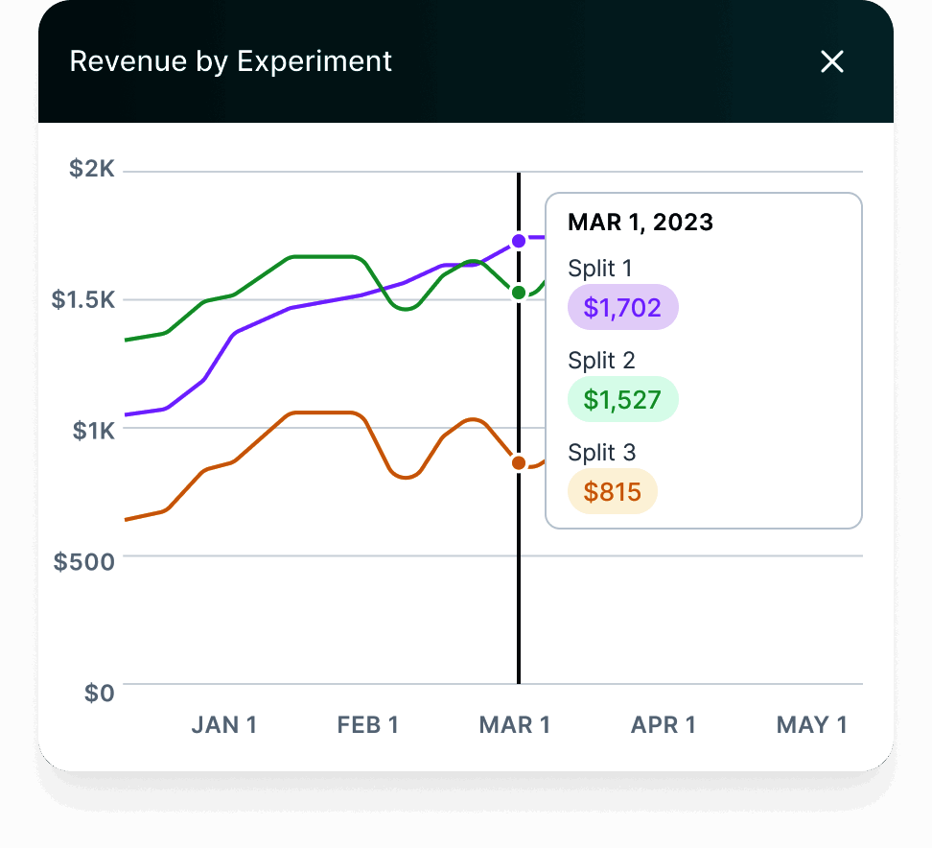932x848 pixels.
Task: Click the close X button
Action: (832, 62)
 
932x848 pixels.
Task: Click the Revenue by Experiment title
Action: (231, 61)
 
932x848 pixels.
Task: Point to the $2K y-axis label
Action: (92, 170)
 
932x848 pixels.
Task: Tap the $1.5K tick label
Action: (83, 299)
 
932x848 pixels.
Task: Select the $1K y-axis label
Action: (94, 430)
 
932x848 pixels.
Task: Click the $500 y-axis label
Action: (84, 561)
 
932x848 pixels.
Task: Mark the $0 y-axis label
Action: (99, 693)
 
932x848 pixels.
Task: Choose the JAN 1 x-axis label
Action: (224, 725)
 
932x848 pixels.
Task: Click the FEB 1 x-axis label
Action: (368, 725)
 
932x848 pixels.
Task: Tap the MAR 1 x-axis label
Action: (515, 725)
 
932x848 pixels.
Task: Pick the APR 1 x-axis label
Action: (664, 725)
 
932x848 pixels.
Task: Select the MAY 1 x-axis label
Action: (812, 725)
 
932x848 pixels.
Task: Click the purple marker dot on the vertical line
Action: (519, 241)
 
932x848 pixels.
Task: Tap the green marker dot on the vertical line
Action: (519, 292)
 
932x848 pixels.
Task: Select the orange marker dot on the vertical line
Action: (519, 463)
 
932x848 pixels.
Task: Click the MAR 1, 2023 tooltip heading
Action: (641, 223)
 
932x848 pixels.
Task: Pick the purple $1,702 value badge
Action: (623, 307)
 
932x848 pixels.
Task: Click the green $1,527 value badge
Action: (623, 399)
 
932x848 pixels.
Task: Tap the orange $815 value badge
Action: (613, 492)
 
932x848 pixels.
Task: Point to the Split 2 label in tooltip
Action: (601, 361)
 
